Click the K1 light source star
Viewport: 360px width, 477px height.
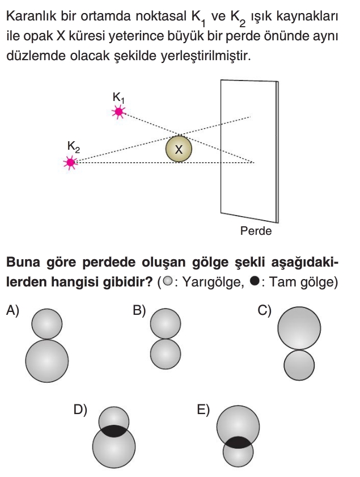tap(119, 112)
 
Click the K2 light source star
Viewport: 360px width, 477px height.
tap(70, 163)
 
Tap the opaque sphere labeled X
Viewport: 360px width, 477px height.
tap(179, 149)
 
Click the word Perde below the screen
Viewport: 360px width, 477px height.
tap(256, 231)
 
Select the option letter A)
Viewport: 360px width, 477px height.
tap(13, 310)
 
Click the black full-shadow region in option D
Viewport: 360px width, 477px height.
tap(114, 429)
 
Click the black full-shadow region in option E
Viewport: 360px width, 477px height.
tap(238, 442)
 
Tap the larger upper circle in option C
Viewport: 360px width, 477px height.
tap(299, 328)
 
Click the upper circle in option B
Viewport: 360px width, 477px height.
tap(166, 324)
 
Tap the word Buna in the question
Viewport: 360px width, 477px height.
tap(22, 264)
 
